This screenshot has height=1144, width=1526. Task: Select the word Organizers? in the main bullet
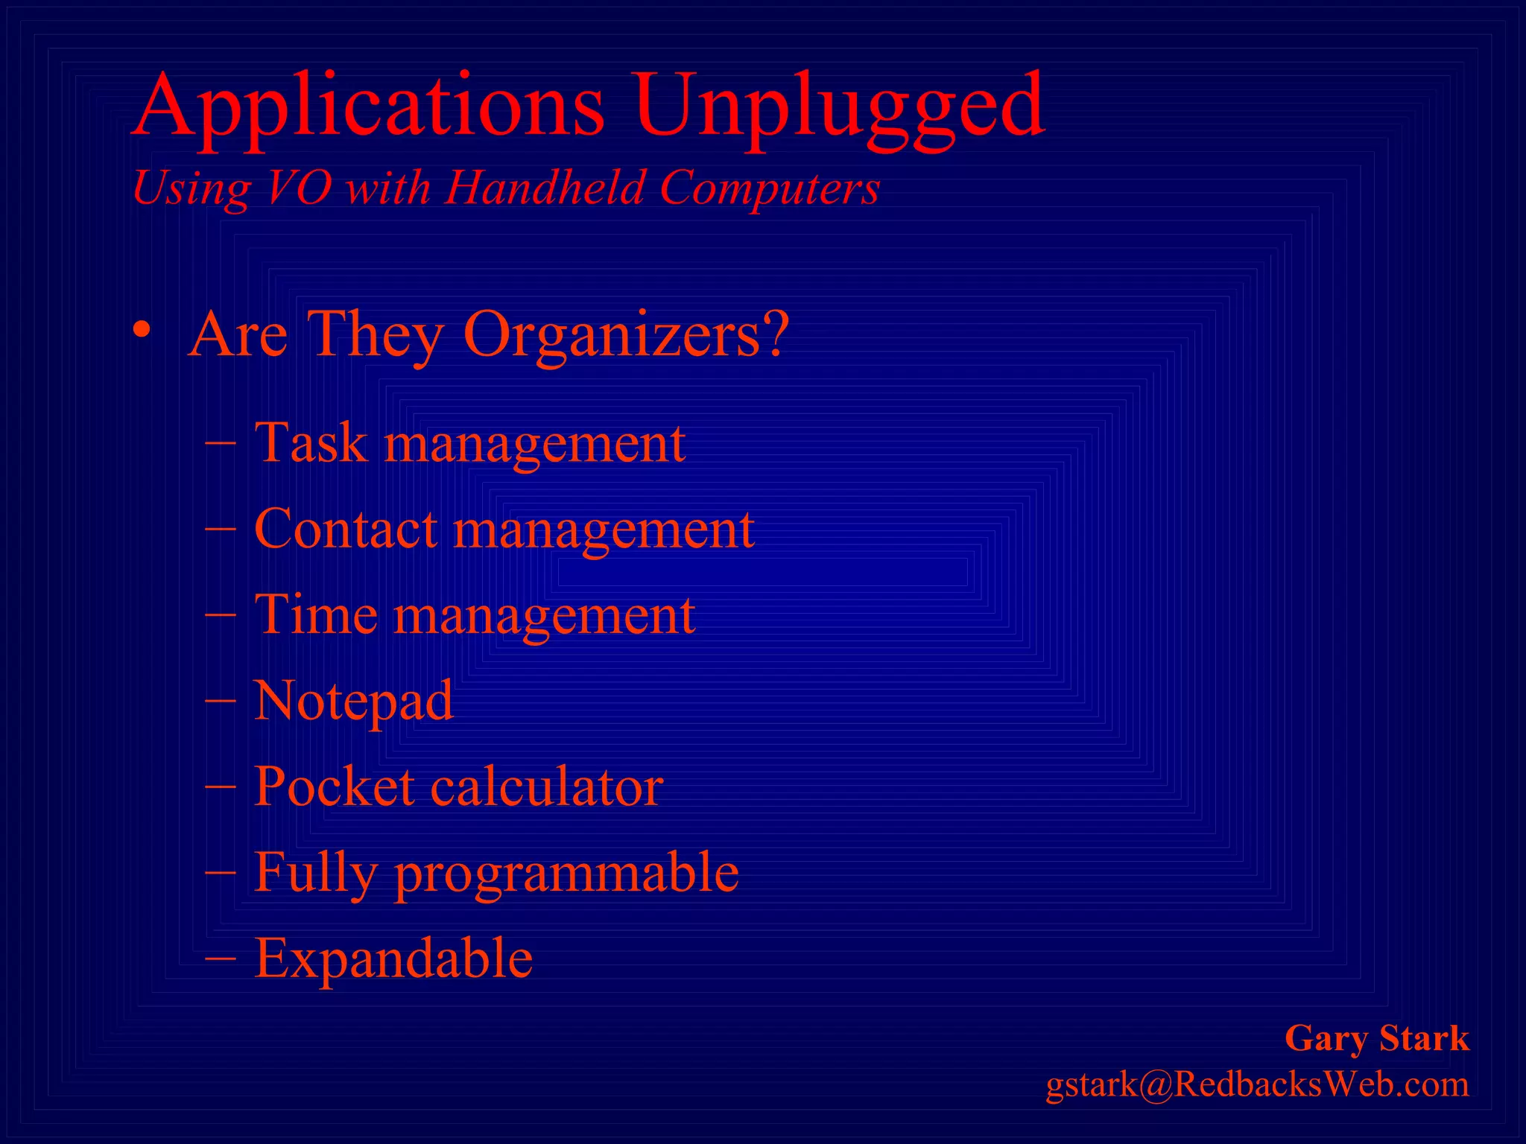coord(625,335)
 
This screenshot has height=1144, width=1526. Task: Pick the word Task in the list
coord(311,443)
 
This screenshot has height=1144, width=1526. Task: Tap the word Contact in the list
coord(345,529)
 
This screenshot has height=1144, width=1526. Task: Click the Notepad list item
coord(353,701)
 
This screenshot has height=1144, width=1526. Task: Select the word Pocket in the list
coord(334,786)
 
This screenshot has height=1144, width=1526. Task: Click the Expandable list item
coord(393,959)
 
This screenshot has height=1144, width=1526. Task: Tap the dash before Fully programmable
coord(221,871)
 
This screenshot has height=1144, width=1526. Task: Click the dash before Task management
coord(221,442)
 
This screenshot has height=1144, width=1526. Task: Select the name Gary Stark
coord(1376,1038)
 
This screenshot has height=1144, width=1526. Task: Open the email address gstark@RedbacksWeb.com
coord(1257,1084)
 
